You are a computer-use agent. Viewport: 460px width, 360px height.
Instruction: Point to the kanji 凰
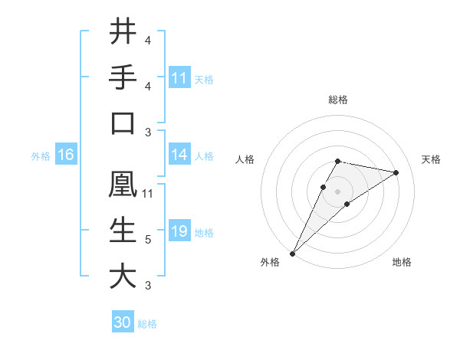point(123,185)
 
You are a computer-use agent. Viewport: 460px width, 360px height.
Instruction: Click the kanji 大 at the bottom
point(123,277)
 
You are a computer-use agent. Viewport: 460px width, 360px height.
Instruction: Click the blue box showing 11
point(179,77)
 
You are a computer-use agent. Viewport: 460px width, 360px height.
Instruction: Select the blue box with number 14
point(179,155)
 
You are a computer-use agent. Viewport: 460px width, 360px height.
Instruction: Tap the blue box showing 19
point(179,231)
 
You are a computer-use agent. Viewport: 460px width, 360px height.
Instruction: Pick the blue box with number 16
point(66,155)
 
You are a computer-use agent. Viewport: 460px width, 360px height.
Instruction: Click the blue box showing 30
point(123,322)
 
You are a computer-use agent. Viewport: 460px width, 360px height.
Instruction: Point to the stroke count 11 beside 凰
point(148,194)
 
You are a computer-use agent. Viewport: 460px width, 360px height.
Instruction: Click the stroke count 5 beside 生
point(148,240)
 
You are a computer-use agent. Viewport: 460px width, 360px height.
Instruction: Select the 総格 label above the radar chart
point(338,100)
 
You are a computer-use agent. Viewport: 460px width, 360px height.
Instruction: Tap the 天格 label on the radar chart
point(432,159)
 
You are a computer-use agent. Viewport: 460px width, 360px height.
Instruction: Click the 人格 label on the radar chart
point(245,159)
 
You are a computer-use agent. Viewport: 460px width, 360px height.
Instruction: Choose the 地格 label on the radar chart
point(402,262)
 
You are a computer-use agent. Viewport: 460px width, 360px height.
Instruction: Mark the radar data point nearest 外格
point(292,253)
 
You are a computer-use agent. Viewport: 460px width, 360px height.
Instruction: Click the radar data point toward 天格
point(396,172)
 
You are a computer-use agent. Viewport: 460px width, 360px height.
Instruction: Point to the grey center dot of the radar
point(338,191)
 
